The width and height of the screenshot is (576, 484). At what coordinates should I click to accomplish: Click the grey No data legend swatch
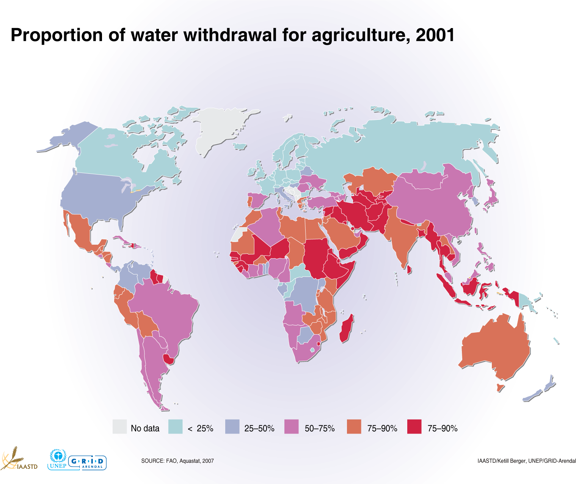[119, 426]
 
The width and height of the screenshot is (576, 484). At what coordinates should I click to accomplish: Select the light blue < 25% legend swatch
[175, 426]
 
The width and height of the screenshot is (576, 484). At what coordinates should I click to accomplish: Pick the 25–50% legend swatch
[232, 426]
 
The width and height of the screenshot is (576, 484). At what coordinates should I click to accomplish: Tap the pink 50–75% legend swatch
[292, 426]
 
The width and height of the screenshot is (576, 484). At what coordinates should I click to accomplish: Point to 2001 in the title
[435, 35]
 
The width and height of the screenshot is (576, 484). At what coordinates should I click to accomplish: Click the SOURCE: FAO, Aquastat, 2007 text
[177, 461]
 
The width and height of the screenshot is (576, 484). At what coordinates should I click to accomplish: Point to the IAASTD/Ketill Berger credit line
[527, 461]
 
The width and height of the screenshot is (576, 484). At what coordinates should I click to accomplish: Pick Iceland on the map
[240, 146]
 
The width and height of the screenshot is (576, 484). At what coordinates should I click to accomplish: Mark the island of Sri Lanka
[409, 270]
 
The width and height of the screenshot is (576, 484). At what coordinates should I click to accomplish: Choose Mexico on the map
[82, 231]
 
